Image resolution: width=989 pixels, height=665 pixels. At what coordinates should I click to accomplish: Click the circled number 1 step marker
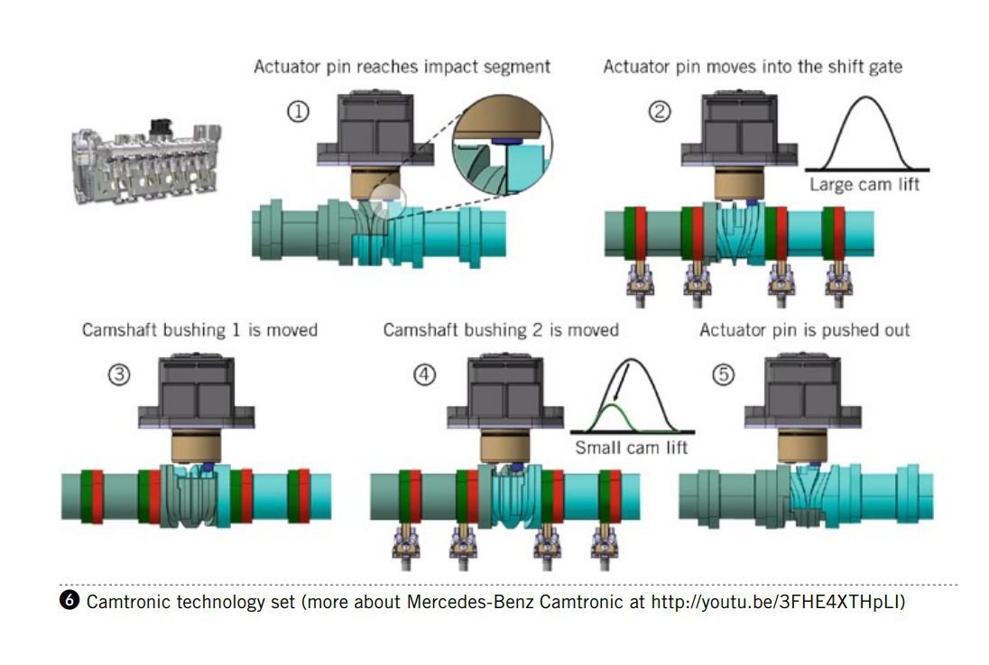[298, 112]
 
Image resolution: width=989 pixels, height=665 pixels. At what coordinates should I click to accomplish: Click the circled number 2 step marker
[661, 113]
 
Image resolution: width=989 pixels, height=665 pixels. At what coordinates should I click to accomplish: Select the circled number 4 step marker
[425, 375]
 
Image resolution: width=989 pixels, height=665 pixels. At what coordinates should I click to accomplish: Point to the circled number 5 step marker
[723, 375]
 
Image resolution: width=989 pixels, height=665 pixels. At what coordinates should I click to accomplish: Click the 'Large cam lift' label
[864, 185]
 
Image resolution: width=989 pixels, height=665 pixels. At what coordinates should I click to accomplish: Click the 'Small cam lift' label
[631, 447]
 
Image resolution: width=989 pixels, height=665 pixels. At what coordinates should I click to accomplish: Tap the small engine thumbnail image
[147, 163]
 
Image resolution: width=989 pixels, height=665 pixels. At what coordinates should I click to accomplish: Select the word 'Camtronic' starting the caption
[126, 602]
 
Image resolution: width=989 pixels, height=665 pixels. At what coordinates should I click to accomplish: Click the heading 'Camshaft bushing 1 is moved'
[199, 330]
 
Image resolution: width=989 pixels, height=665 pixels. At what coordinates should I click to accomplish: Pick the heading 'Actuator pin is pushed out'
[804, 330]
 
